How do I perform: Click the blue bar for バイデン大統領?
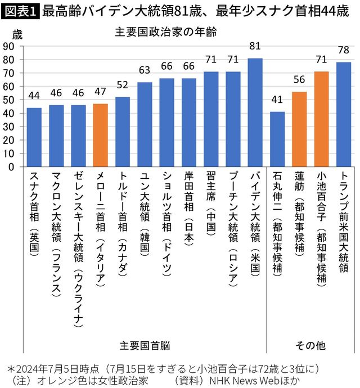pos(255,112)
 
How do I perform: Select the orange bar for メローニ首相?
pos(100,135)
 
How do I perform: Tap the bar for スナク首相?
pos(34,137)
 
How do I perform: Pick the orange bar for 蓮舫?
pos(299,129)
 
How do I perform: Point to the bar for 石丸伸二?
pos(277,139)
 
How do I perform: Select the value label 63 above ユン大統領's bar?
pos(145,70)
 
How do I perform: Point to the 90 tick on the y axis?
pos(8,46)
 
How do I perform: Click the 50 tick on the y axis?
pos(8,100)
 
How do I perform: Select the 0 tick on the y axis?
pos(11,166)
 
